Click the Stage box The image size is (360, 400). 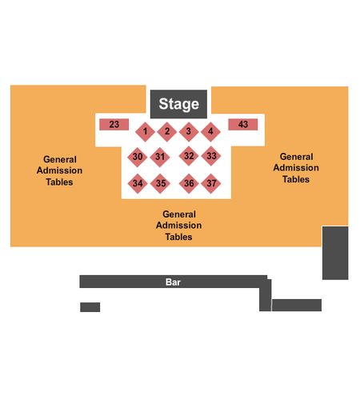point(178,104)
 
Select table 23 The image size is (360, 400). point(114,125)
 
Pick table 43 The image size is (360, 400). point(243,125)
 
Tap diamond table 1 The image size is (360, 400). point(145,131)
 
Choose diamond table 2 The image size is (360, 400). point(167,131)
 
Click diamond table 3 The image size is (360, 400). point(189,131)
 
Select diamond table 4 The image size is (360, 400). point(210,131)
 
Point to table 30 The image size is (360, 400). point(138,157)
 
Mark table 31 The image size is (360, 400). point(160,157)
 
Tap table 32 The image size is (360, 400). point(189,156)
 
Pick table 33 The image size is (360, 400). point(211,156)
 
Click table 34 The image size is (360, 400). point(138,183)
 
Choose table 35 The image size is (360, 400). point(160,183)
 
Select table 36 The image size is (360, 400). point(189,183)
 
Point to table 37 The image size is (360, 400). point(211,183)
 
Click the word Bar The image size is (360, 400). point(173,282)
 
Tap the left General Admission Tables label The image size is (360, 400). point(59,170)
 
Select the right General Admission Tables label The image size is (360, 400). point(296,168)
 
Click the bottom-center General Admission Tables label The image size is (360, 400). point(178,226)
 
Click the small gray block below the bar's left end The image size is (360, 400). point(90,307)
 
